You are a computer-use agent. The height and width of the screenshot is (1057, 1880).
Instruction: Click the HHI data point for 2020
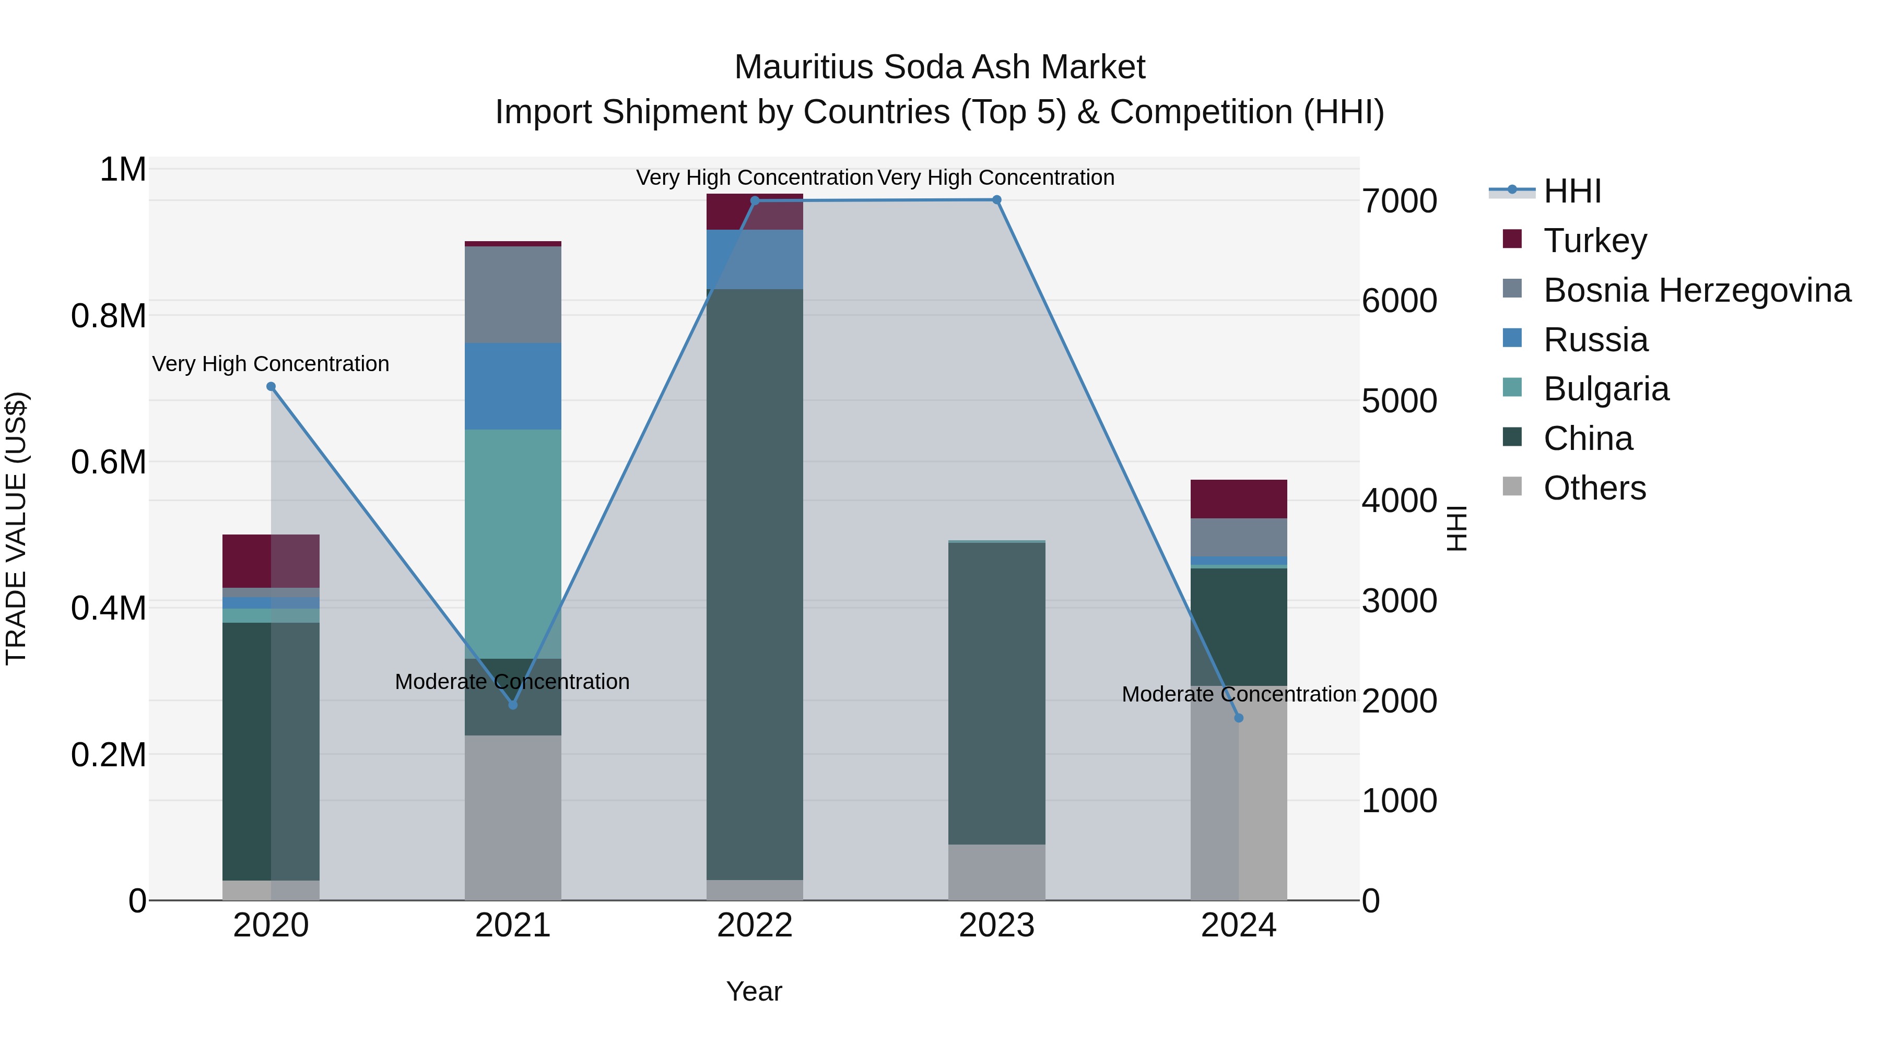pyautogui.click(x=271, y=387)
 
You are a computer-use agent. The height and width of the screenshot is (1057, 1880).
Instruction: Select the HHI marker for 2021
pyautogui.click(x=512, y=705)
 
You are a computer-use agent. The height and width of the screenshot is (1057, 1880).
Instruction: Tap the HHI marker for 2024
pyautogui.click(x=1239, y=718)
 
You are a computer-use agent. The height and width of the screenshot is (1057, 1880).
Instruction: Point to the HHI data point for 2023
pyautogui.click(x=997, y=200)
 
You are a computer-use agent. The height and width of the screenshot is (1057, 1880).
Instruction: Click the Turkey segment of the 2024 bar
pyautogui.click(x=1239, y=499)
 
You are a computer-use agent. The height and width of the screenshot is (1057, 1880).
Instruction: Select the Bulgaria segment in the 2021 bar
pyautogui.click(x=512, y=543)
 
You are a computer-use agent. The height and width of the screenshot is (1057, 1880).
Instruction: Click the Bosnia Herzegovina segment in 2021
pyautogui.click(x=512, y=295)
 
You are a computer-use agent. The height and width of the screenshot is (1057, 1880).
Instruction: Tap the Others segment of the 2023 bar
pyautogui.click(x=997, y=872)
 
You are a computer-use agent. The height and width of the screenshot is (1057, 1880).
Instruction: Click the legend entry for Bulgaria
pyautogui.click(x=1606, y=389)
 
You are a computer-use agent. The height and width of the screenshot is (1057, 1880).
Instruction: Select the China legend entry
pyautogui.click(x=1588, y=438)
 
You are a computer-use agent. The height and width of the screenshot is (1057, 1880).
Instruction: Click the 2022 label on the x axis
pyautogui.click(x=755, y=925)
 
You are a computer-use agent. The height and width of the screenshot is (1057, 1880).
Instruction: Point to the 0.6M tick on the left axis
pyautogui.click(x=108, y=462)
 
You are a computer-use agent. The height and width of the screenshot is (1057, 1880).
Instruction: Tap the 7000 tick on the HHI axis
pyautogui.click(x=1399, y=201)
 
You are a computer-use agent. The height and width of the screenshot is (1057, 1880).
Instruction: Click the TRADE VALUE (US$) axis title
pyautogui.click(x=17, y=528)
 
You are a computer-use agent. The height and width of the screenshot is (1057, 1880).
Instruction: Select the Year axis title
pyautogui.click(x=754, y=991)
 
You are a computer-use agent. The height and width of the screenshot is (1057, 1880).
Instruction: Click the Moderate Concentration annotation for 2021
pyautogui.click(x=512, y=681)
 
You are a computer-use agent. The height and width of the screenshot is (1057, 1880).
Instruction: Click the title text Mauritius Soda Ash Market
pyautogui.click(x=939, y=67)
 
